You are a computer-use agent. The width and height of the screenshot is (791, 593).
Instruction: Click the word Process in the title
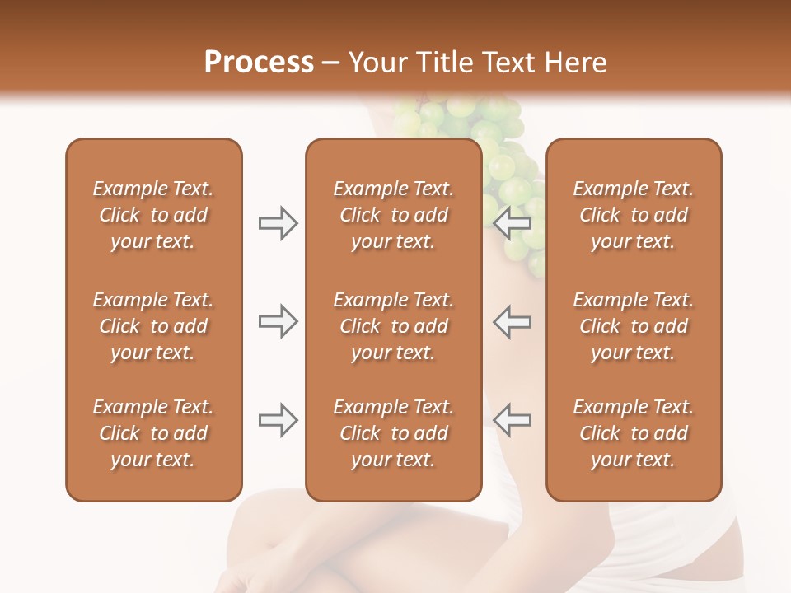(259, 63)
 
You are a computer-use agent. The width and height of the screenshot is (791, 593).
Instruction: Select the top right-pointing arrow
(278, 223)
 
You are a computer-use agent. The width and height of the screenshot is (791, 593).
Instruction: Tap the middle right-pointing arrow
(278, 321)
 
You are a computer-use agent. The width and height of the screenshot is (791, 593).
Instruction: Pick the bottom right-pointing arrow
(278, 421)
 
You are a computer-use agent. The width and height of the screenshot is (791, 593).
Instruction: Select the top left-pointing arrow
(513, 223)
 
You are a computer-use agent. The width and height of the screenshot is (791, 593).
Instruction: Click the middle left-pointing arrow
(513, 321)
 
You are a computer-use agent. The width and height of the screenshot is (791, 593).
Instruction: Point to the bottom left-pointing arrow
(513, 421)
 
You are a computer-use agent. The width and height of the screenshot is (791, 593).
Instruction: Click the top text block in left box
(153, 215)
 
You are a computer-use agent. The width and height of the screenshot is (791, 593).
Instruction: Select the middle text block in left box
(153, 326)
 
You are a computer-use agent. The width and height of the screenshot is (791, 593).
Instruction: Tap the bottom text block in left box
(153, 433)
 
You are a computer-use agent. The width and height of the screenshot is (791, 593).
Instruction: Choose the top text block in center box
(393, 215)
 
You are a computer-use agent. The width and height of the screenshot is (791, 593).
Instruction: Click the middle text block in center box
(393, 326)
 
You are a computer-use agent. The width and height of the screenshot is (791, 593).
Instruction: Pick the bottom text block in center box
(393, 433)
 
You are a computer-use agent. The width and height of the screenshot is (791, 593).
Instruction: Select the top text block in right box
(633, 215)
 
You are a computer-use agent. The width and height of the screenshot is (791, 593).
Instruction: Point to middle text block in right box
(633, 326)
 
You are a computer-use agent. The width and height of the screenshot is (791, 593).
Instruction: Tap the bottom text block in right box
(633, 433)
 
